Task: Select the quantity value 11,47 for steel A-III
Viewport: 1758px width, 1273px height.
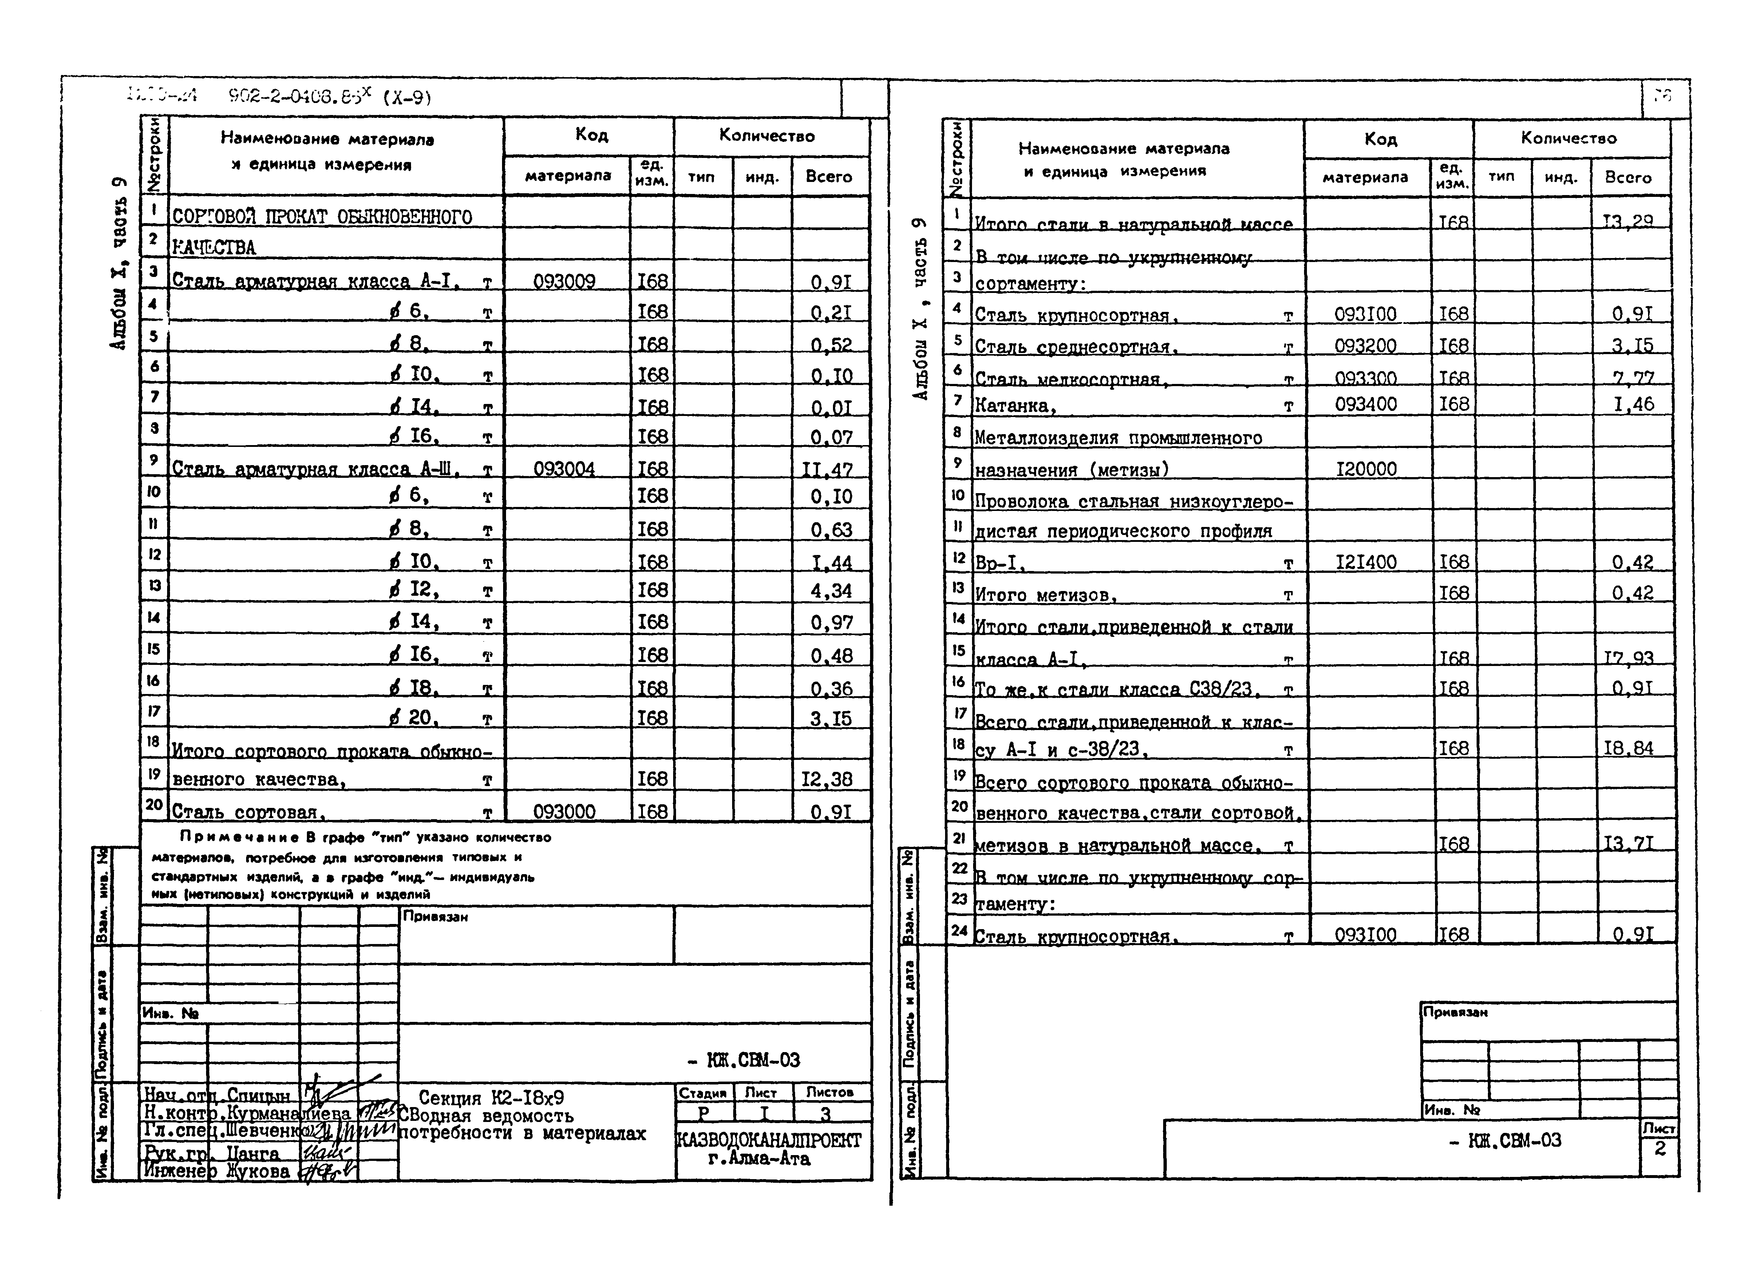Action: pos(827,469)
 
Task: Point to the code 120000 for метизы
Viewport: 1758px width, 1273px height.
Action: pos(1366,469)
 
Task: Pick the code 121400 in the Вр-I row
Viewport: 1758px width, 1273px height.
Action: pos(1366,562)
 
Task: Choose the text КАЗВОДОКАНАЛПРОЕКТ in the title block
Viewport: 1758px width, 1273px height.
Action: pos(768,1141)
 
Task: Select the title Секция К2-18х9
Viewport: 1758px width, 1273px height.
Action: pos(491,1098)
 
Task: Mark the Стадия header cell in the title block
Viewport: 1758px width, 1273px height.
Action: pos(702,1092)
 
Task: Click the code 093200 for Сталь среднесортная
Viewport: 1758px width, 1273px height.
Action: pos(1366,346)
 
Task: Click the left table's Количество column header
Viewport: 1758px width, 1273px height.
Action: pos(767,136)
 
